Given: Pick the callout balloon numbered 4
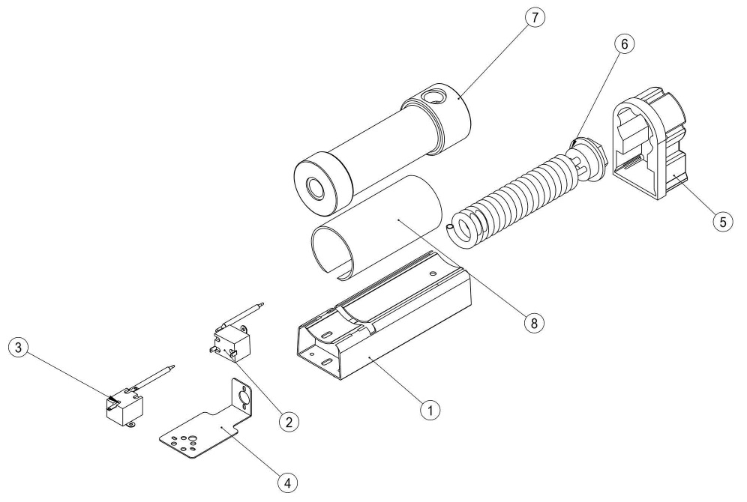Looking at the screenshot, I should pyautogui.click(x=285, y=483).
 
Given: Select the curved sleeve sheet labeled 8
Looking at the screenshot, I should pyautogui.click(x=375, y=225).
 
